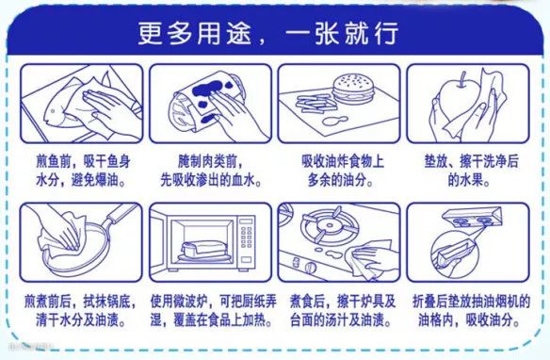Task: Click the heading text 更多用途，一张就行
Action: tap(268, 34)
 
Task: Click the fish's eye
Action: tap(53, 111)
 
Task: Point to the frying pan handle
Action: tap(121, 213)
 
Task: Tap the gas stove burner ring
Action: tap(330, 226)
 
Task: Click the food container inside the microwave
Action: tap(204, 251)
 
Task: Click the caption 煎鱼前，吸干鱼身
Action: tap(84, 161)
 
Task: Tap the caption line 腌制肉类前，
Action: tap(210, 161)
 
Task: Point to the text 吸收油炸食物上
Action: tap(343, 161)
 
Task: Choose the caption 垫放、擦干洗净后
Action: tap(471, 161)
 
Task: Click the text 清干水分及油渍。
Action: tap(81, 320)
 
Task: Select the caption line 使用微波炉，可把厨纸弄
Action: tap(214, 302)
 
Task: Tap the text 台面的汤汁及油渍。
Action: tap(340, 320)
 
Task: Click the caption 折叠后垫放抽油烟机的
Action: tap(471, 302)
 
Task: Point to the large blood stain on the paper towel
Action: tap(207, 89)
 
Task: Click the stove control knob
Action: tap(311, 268)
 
